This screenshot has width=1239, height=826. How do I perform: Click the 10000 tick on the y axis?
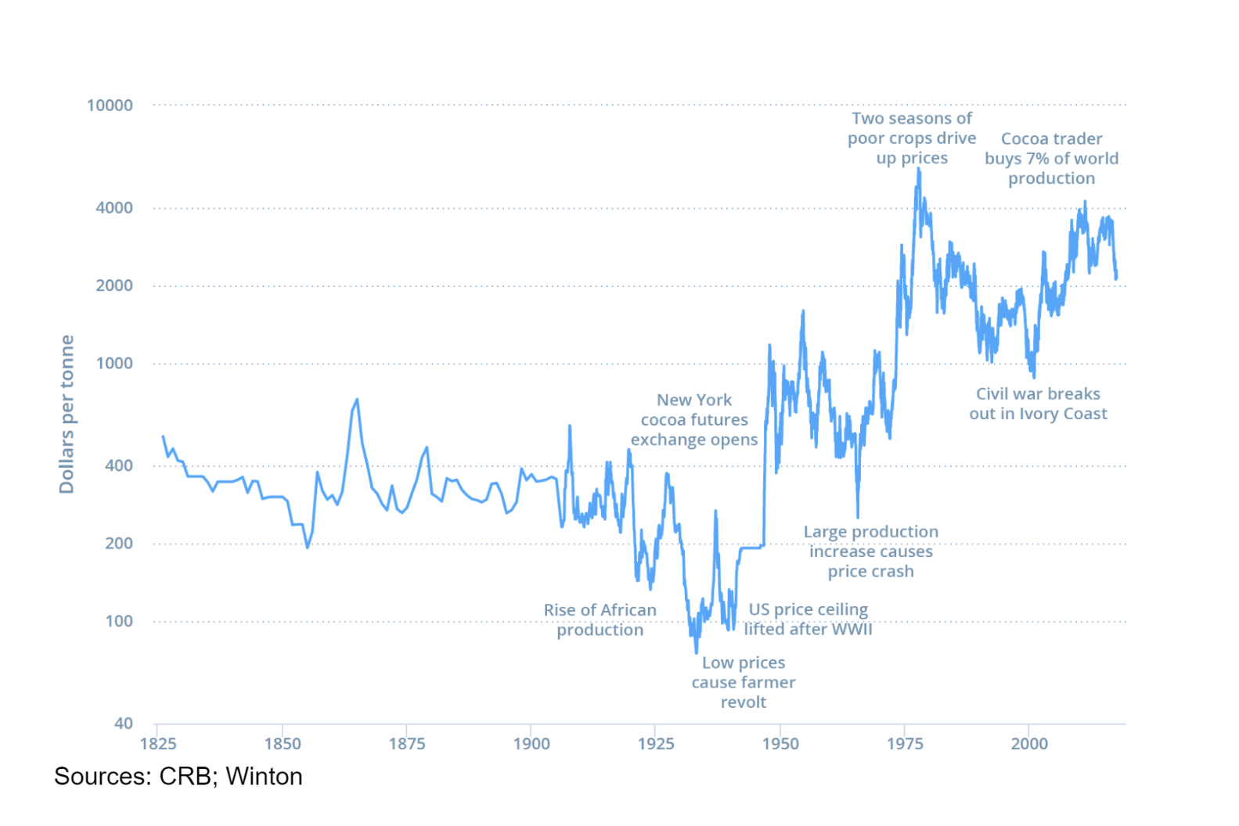point(110,106)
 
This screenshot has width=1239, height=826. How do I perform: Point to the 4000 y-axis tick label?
point(114,208)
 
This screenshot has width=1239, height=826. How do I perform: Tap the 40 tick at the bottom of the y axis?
point(123,724)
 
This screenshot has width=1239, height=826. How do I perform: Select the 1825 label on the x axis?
point(157,744)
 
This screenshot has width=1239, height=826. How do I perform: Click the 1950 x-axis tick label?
point(780,744)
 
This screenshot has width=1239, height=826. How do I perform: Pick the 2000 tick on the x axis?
point(1028,744)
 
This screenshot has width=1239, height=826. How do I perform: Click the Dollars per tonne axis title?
point(67,415)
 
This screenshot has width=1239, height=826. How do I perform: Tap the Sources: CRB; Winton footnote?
point(178,777)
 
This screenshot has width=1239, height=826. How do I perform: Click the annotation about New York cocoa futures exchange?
point(694,420)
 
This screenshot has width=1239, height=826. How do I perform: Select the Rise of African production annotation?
point(600,620)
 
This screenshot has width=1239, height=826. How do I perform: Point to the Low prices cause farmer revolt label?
point(743,682)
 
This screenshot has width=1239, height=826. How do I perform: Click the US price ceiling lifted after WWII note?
point(808,619)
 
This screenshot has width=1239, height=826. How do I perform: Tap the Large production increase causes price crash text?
point(870,551)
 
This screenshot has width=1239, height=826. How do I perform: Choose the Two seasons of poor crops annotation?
point(912,138)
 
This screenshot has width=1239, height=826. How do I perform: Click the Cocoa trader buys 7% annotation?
point(1051,159)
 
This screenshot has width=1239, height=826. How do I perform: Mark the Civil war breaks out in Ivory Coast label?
point(1038,404)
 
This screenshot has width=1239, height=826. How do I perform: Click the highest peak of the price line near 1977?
point(919,169)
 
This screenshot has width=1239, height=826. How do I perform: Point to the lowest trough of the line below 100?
point(697,652)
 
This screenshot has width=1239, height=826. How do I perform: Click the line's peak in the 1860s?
point(358,400)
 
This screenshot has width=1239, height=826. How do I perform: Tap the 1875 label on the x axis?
point(407,744)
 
